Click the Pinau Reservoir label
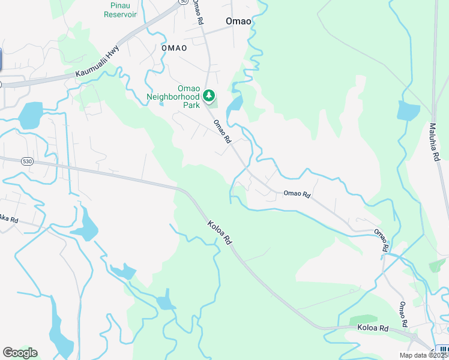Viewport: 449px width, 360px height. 120,9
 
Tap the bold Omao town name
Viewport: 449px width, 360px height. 238,21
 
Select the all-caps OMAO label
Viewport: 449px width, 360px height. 174,47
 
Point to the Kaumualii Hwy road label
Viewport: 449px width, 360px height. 97,62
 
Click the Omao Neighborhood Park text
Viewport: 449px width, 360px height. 173,97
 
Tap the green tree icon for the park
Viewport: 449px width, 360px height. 209,95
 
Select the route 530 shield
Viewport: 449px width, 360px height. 26,161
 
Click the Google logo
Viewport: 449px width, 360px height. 20,353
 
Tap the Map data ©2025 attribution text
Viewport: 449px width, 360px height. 424,355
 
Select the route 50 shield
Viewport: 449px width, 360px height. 182,2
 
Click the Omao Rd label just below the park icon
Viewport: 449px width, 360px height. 223,131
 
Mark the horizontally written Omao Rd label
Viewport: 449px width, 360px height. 297,194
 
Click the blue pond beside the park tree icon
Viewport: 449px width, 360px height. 235,104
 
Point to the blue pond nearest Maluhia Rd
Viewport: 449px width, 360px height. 408,112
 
